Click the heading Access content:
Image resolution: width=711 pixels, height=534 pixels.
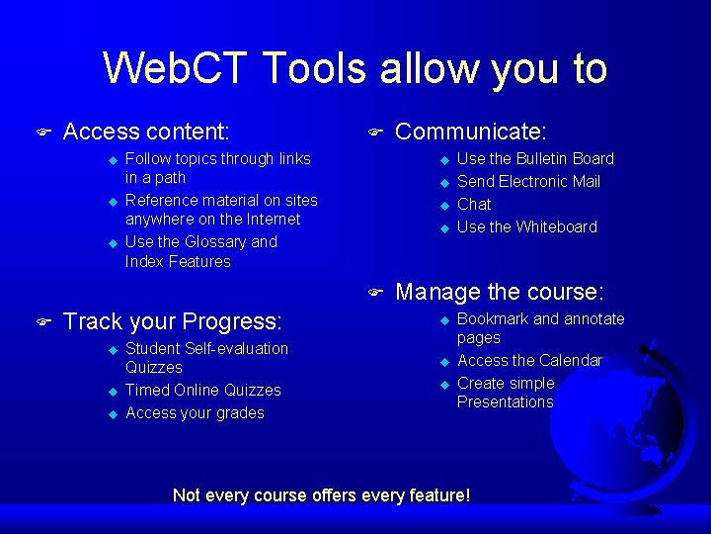pyautogui.click(x=146, y=132)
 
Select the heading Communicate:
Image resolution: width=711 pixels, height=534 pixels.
pyautogui.click(x=471, y=132)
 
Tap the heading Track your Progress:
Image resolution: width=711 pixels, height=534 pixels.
pyautogui.click(x=173, y=321)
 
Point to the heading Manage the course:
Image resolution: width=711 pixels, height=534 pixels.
pyautogui.click(x=500, y=292)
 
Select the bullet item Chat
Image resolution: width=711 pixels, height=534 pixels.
pyautogui.click(x=474, y=204)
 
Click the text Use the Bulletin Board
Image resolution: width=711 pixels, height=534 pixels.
pyautogui.click(x=535, y=158)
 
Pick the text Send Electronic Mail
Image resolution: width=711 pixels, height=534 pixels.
pyautogui.click(x=528, y=181)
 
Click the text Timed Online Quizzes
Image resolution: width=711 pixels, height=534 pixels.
pyautogui.click(x=203, y=390)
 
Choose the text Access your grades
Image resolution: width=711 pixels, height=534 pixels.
pyautogui.click(x=195, y=412)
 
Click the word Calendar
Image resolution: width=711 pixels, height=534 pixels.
pyautogui.click(x=570, y=360)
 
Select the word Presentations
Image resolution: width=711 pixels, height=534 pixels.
pyautogui.click(x=505, y=401)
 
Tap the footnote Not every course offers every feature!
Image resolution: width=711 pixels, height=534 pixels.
pyautogui.click(x=321, y=494)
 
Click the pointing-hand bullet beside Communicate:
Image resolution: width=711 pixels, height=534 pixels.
pyautogui.click(x=374, y=132)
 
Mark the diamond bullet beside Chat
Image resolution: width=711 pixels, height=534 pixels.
pyautogui.click(x=444, y=205)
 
